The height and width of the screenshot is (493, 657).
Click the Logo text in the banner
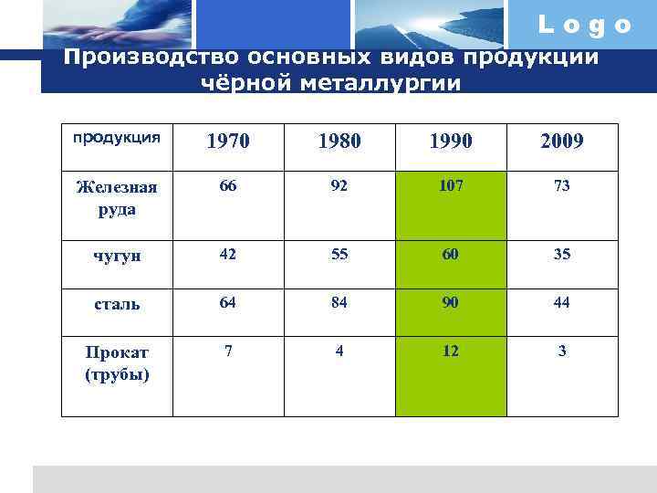585,26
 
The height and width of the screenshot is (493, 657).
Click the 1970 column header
228,142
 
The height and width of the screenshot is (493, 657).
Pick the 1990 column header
450,142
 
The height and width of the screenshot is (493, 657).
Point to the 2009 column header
561,142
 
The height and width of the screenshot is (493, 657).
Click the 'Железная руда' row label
116,197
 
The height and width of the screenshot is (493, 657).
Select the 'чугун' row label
116,256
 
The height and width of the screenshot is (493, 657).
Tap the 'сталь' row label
116,304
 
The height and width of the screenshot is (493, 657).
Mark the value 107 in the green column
450,186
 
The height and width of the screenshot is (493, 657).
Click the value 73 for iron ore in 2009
561,186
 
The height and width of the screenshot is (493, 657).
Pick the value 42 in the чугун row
228,255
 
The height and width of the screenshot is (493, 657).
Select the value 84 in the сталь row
339,303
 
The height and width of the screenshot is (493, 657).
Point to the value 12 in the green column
450,351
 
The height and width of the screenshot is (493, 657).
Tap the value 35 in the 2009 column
561,255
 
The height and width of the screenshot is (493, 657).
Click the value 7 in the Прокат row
228,351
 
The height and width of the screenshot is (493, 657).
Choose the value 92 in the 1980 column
339,186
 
